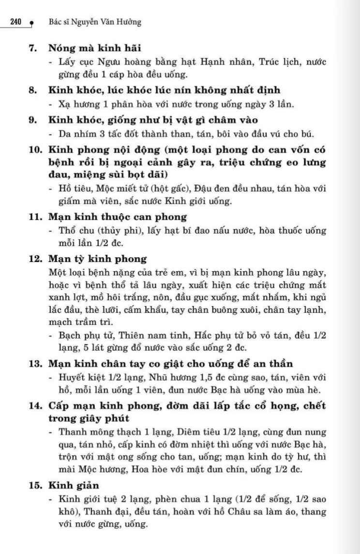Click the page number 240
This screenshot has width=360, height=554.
[x=17, y=23]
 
